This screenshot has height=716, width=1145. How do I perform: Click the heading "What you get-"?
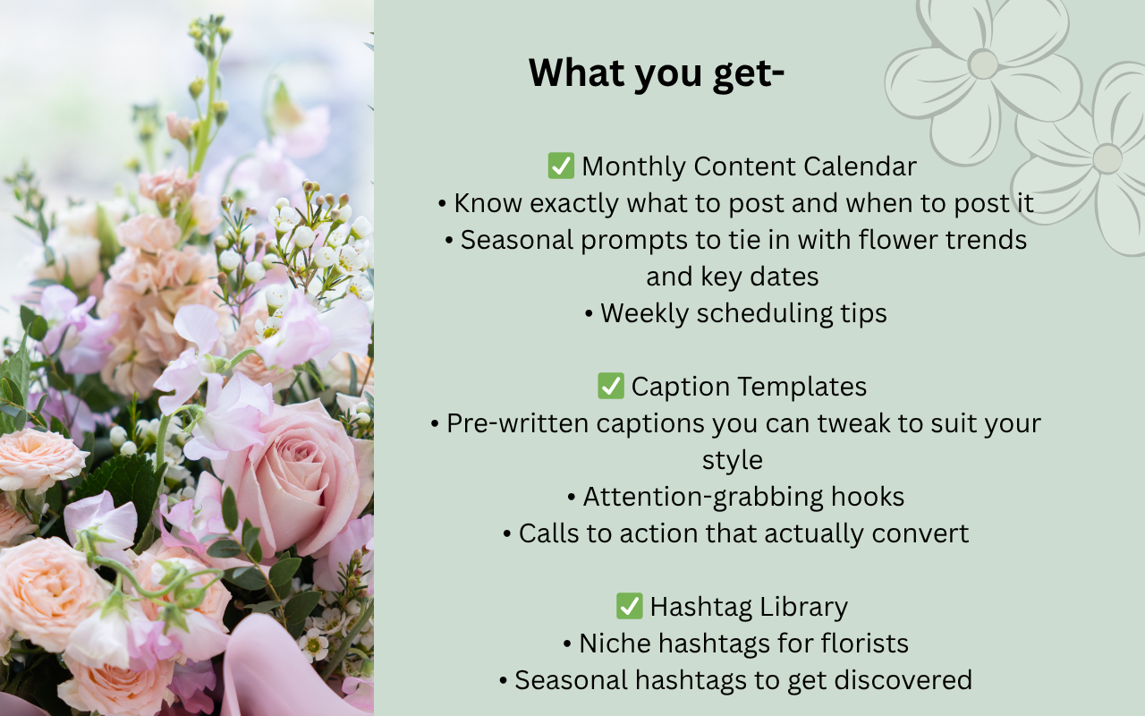coord(657,73)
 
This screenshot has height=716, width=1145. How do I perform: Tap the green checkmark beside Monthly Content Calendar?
coord(561,166)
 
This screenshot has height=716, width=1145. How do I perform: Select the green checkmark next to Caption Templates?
coord(611,386)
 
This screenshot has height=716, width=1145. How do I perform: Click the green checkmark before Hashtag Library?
coord(629,606)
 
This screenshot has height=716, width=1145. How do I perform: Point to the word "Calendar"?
coord(860,166)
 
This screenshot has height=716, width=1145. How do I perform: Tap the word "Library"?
coord(803,608)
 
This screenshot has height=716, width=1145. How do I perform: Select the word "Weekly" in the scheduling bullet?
coord(644,313)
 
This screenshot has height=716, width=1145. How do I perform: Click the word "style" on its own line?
coord(733,461)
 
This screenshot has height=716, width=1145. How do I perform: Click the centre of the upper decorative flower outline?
coord(982,64)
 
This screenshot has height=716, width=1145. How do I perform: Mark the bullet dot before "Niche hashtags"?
coord(567,644)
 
